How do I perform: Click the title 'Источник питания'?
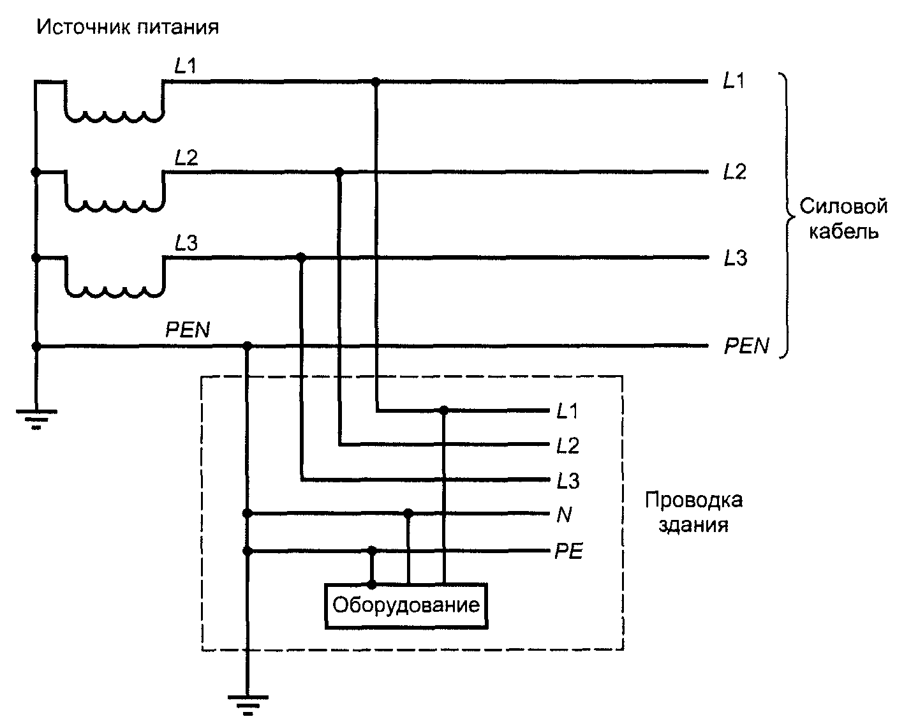pos(128,27)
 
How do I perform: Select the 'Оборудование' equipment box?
pos(406,606)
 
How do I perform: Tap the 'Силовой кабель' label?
pos(843,219)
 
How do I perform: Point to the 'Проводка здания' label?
pos(693,512)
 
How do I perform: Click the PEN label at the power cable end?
pos(746,346)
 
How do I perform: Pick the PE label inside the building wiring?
pos(568,551)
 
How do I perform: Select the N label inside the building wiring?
pos(564,515)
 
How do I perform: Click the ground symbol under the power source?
pos(36,419)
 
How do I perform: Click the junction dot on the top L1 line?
pos(375,81)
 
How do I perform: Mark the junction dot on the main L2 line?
pos(339,172)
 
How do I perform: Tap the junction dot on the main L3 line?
pos(300,257)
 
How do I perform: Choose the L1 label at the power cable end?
pos(734,81)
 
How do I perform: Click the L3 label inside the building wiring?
pos(568,481)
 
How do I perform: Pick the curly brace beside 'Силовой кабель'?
pos(787,216)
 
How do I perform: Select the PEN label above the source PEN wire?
pos(188,330)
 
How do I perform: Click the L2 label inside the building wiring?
pos(567,446)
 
